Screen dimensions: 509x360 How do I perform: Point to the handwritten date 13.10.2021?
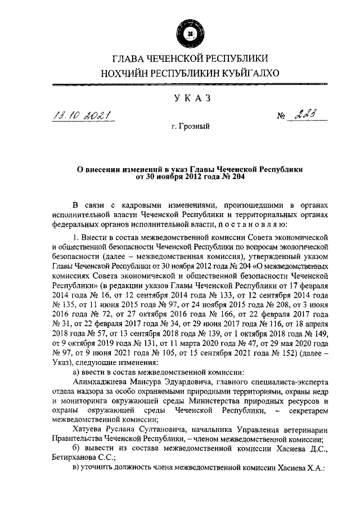89,116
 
